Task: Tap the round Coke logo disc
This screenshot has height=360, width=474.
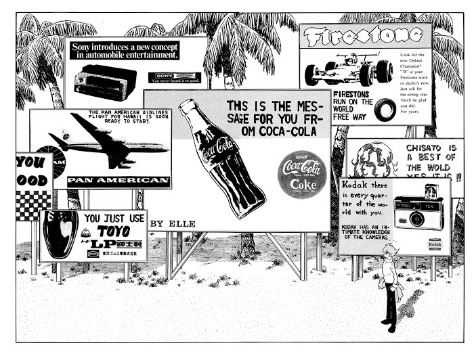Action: (x=302, y=175)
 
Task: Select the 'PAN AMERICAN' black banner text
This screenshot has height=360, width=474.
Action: (x=119, y=181)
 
